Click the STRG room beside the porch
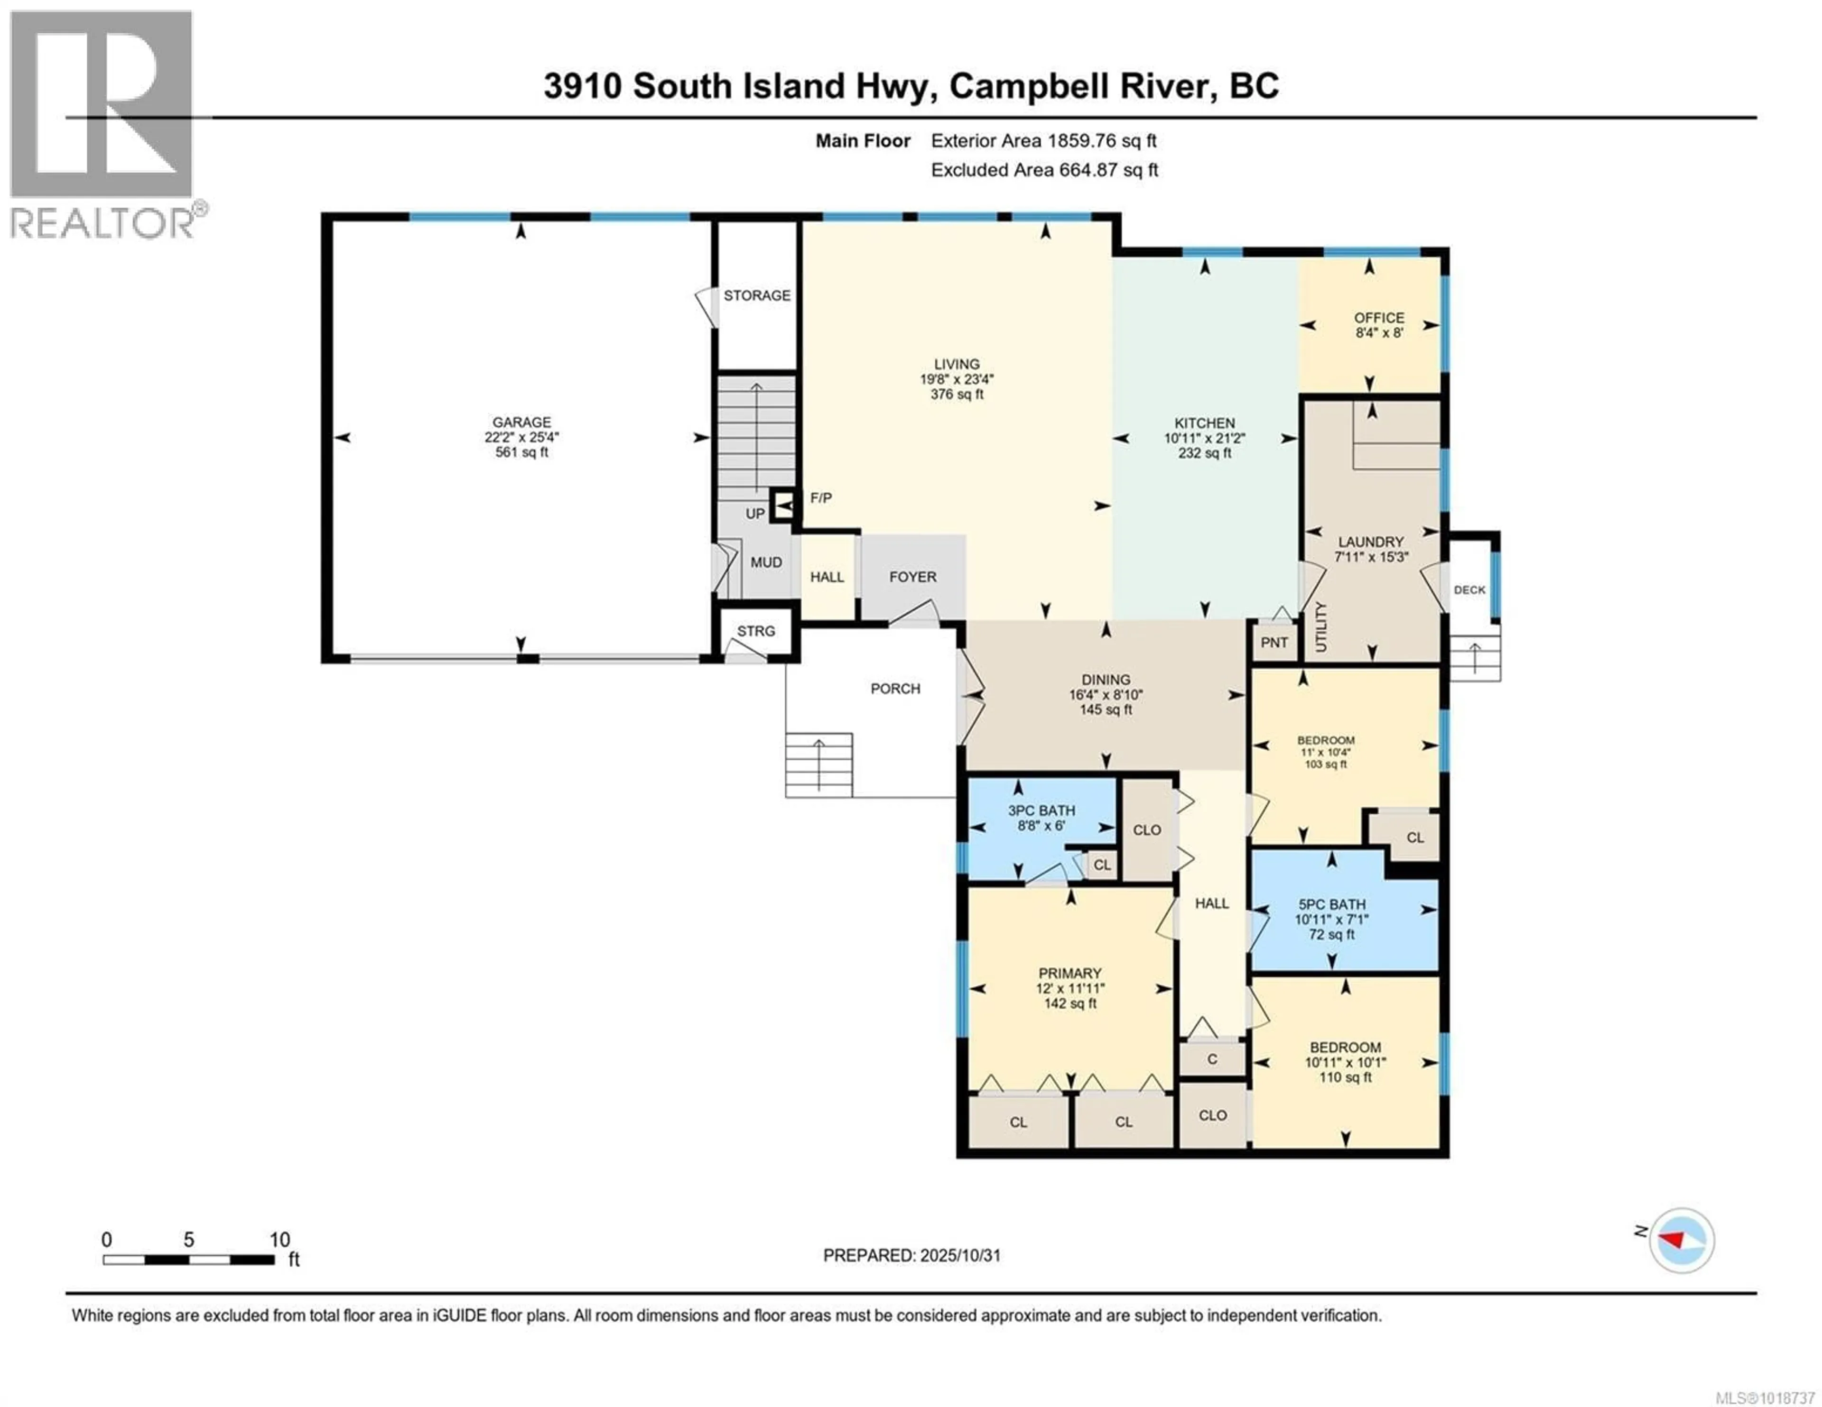tap(756, 631)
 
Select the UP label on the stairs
tap(755, 514)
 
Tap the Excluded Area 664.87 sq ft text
tap(1044, 170)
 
